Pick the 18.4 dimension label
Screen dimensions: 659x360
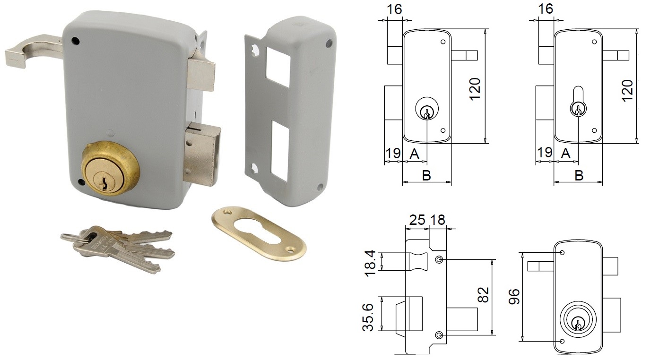coord(371,263)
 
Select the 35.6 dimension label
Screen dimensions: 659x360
coord(368,317)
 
